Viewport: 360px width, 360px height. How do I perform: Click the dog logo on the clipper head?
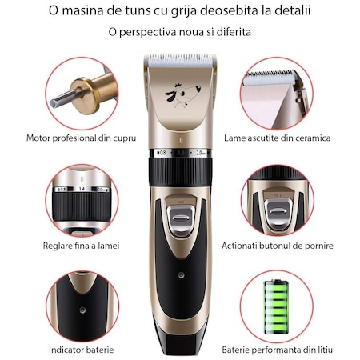point(182,95)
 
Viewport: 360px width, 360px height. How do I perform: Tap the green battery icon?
point(276,307)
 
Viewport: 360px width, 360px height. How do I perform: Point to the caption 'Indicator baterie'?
point(82,350)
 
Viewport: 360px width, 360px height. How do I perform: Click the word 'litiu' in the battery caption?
point(324,350)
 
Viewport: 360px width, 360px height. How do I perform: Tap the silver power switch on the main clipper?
point(181,218)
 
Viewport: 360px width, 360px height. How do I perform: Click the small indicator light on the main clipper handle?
point(181,275)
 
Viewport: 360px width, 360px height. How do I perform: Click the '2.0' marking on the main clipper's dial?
point(201,153)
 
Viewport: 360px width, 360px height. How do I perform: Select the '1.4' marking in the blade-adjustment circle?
point(82,189)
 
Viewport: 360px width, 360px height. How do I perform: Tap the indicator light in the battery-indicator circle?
point(82,310)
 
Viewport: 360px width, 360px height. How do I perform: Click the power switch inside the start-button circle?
point(278,212)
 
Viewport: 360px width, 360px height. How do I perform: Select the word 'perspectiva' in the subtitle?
point(148,32)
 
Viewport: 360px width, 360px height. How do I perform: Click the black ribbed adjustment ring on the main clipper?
point(181,171)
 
